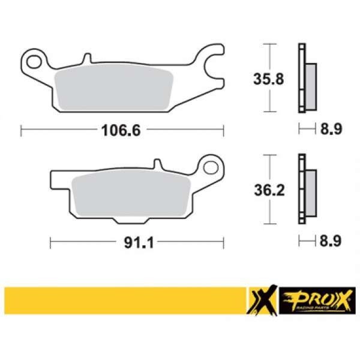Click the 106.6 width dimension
click(x=121, y=130)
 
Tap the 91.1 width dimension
click(x=139, y=242)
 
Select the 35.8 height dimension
click(x=269, y=79)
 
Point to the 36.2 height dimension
click(x=269, y=190)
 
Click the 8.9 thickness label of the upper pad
click(x=331, y=129)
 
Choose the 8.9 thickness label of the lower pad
click(x=331, y=241)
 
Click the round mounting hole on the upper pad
click(x=34, y=62)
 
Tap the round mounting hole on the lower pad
click(x=211, y=167)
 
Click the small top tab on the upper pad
click(x=87, y=58)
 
